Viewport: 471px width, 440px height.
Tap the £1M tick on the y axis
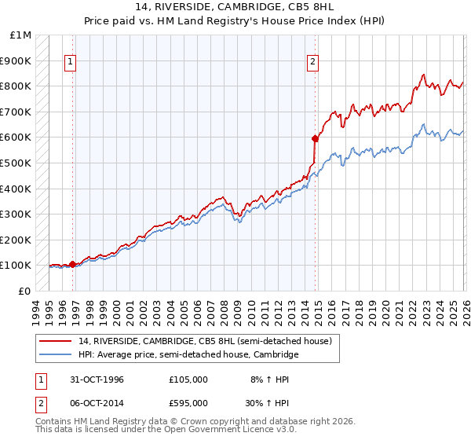point(21,35)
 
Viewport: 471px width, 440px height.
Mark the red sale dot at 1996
point(73,264)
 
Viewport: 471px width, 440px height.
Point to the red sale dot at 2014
point(315,138)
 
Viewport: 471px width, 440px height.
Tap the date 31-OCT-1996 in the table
point(97,379)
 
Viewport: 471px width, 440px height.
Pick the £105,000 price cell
point(188,379)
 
